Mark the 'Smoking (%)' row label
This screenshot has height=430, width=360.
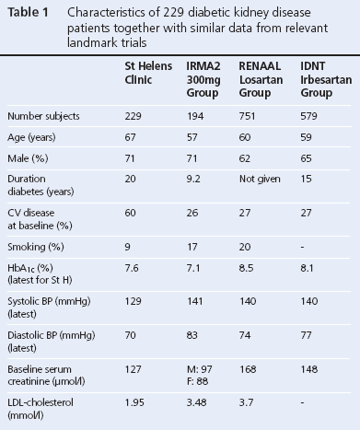[x=34, y=245]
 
